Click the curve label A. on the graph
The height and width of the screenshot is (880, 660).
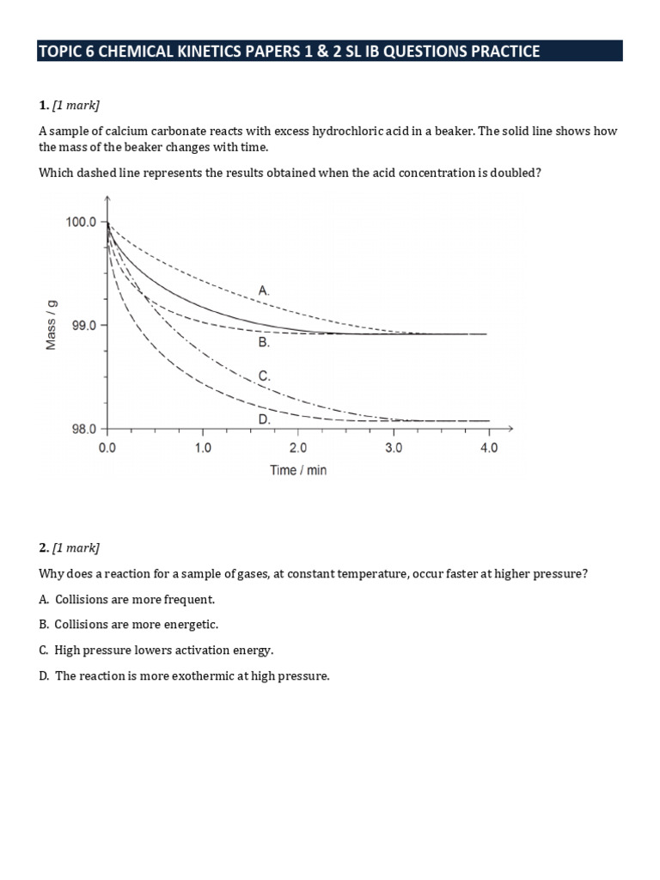(263, 291)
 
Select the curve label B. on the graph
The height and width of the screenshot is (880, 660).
(264, 342)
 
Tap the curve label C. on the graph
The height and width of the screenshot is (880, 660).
(264, 376)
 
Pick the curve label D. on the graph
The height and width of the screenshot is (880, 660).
(264, 419)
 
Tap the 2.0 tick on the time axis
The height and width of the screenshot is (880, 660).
(297, 448)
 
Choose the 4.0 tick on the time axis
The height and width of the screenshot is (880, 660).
(488, 448)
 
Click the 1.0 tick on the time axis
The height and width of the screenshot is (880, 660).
(202, 448)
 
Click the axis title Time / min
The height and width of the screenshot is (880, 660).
(298, 470)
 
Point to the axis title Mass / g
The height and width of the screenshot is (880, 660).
(51, 325)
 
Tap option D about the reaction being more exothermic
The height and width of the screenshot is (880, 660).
(184, 676)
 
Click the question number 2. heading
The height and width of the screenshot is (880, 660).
(44, 547)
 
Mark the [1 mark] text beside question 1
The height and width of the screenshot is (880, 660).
(76, 106)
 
